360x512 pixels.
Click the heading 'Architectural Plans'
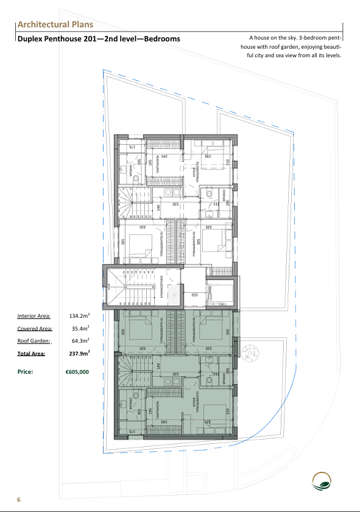[x=55, y=24]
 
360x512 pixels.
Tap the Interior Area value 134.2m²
[x=79, y=316]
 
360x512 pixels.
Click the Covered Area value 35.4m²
[x=79, y=329]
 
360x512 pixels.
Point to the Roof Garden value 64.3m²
[x=79, y=341]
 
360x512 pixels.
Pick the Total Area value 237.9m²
[x=79, y=353]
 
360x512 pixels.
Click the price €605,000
[x=77, y=371]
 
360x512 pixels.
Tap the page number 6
[x=19, y=499]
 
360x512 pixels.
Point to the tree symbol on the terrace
[x=250, y=353]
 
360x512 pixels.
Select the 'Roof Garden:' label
[x=34, y=341]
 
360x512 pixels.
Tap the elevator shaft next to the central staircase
[x=219, y=294]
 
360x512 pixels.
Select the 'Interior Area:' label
[x=34, y=316]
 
